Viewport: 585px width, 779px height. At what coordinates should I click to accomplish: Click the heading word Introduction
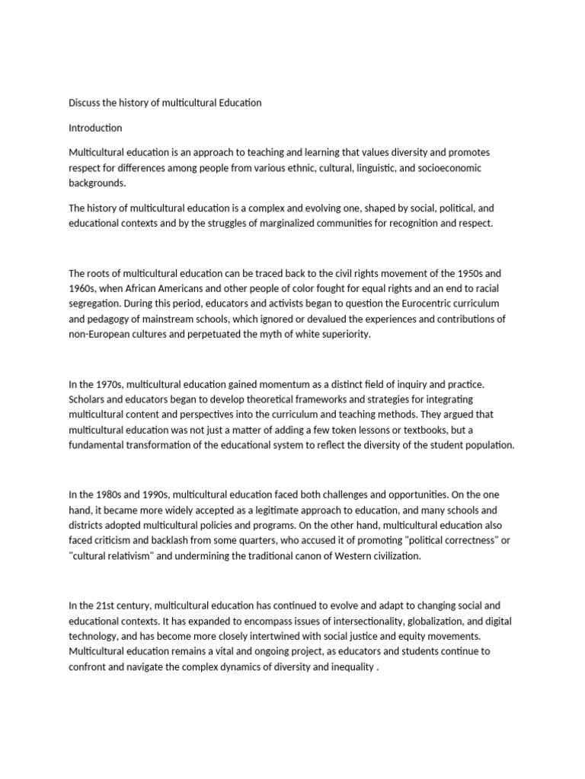click(x=95, y=127)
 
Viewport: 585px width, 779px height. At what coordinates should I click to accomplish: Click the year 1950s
click(x=466, y=273)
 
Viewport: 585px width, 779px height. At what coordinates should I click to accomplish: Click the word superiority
click(x=344, y=334)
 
